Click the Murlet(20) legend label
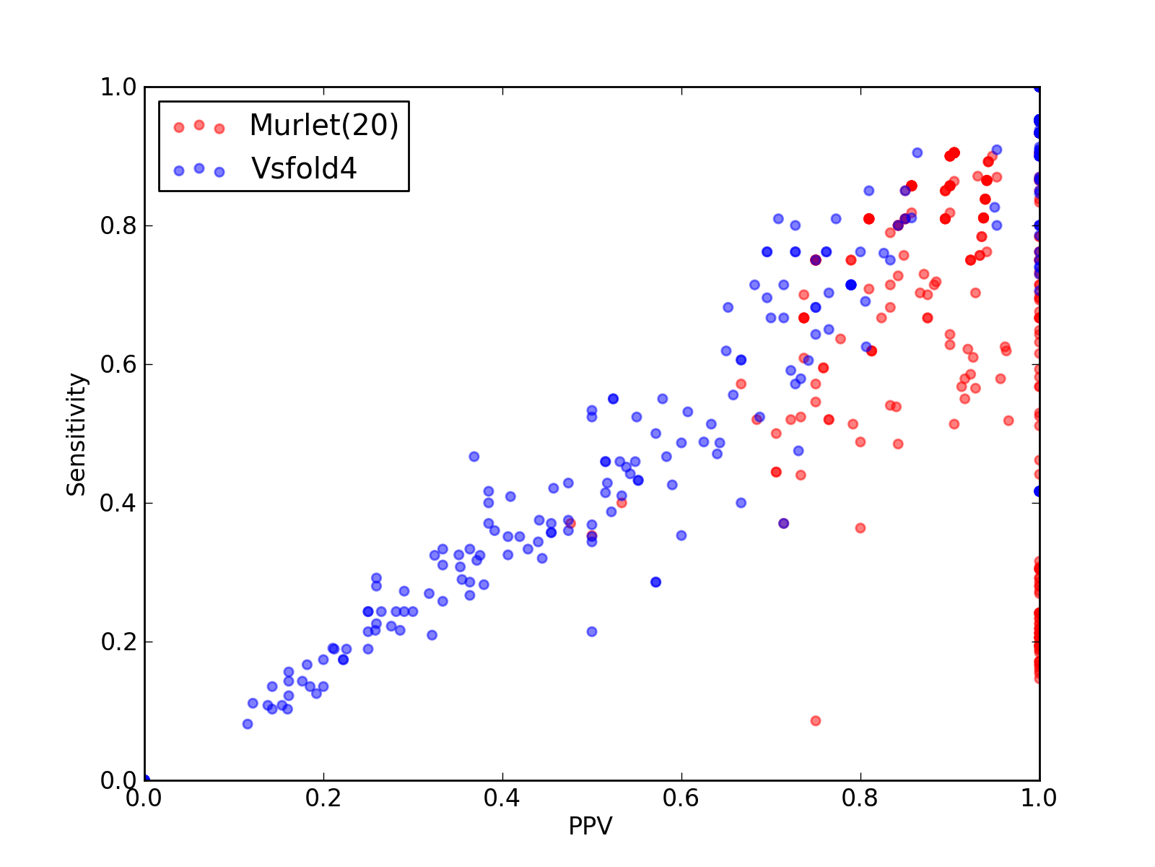[x=323, y=125]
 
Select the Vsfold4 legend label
[x=304, y=168]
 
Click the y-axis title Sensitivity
[x=77, y=434]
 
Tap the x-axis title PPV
[x=590, y=825]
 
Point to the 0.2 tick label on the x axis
[x=323, y=798]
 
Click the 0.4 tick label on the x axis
[x=502, y=798]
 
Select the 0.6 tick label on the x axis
[x=681, y=798]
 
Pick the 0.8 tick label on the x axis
[x=860, y=798]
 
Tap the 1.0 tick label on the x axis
[x=1039, y=798]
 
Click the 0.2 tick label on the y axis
[x=118, y=642]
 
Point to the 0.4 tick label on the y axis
[x=118, y=504]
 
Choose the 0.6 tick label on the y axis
[x=118, y=364]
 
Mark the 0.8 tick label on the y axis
[x=118, y=226]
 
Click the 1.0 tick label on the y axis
[x=118, y=87]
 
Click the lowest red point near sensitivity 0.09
[x=816, y=720]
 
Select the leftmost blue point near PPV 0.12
[x=248, y=724]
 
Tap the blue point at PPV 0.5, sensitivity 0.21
[x=592, y=631]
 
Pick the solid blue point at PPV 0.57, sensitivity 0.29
[x=655, y=582]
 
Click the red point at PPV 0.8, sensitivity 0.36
[x=860, y=528]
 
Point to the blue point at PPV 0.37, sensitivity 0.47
[x=474, y=457]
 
